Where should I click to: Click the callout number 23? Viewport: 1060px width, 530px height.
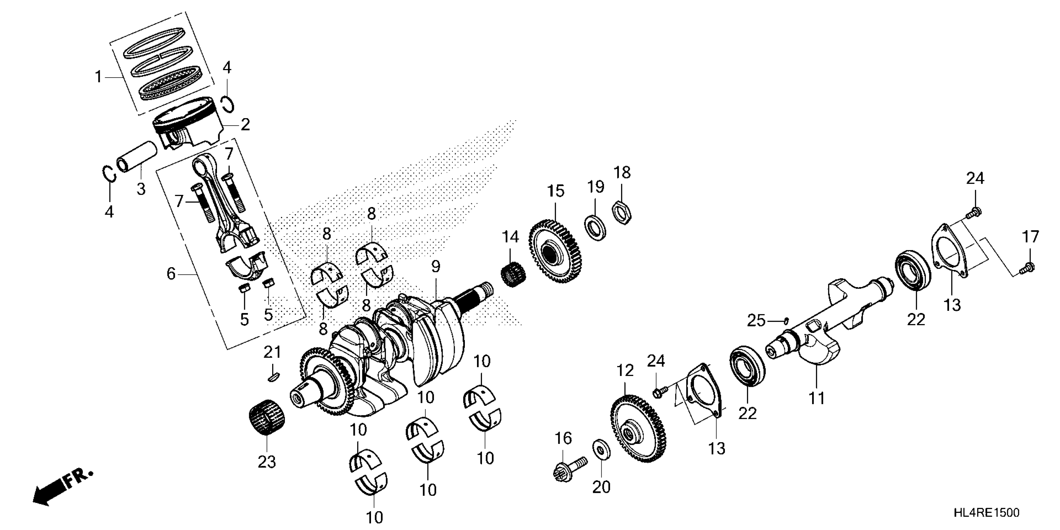coord(267,462)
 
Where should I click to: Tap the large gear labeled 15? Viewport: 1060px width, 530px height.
coord(556,252)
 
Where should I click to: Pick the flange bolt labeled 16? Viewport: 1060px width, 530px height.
coord(569,469)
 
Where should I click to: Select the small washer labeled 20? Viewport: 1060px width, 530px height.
coord(601,450)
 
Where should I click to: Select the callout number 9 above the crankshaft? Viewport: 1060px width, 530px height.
coord(436,266)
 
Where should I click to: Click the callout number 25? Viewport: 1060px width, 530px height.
coord(756,320)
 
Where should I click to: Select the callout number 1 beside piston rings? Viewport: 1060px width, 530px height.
coord(98,76)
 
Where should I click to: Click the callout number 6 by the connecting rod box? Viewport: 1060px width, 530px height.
coord(171,273)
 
